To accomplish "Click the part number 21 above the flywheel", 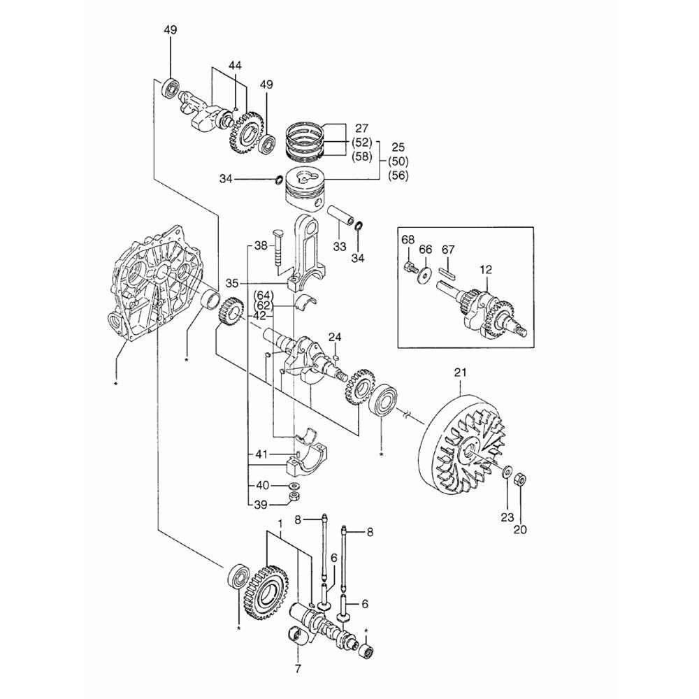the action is (460, 372).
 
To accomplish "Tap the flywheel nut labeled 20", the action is (520, 480).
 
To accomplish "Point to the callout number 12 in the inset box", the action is (486, 270).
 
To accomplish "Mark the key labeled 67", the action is (447, 272).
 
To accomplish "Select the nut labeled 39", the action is (294, 498).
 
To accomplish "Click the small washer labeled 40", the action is (294, 486).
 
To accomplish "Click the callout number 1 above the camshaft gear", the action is (280, 522).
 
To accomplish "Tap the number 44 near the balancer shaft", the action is (235, 66).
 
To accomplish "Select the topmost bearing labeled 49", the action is (171, 87).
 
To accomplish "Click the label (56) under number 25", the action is (398, 175).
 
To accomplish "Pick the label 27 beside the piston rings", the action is (361, 129).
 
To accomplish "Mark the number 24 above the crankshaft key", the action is (335, 338).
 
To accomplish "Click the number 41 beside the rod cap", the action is (261, 455).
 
